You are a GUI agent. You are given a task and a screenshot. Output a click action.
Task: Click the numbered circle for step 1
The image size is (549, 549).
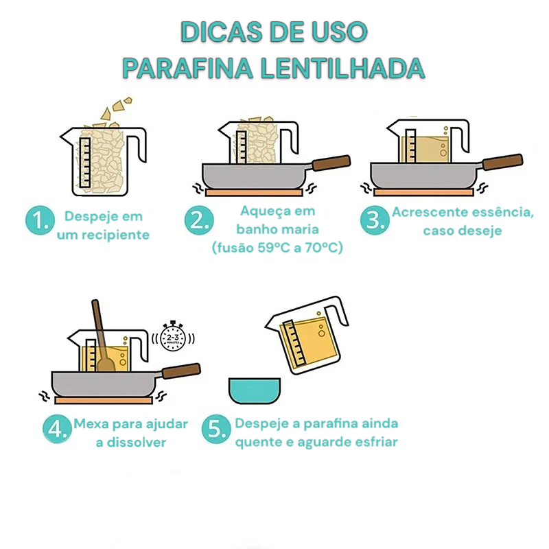[x=40, y=220]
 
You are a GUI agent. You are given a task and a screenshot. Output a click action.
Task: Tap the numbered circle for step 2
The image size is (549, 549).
[x=199, y=220]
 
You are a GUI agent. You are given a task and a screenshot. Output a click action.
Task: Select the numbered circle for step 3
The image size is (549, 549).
[x=375, y=220]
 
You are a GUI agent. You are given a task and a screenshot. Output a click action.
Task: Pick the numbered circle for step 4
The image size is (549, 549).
[x=58, y=429]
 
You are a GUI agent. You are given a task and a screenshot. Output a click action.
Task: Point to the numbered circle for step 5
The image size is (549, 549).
[x=216, y=429]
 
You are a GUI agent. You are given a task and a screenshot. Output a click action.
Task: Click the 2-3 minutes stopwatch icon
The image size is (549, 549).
[x=173, y=336]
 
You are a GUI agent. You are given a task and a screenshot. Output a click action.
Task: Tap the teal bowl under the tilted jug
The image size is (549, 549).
[x=255, y=390]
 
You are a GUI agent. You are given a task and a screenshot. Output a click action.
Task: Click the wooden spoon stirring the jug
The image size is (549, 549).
[x=102, y=336]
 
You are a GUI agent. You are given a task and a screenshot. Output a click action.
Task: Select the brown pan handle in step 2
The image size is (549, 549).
[x=331, y=163]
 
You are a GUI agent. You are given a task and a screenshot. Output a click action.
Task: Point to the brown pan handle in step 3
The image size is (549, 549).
[x=502, y=162]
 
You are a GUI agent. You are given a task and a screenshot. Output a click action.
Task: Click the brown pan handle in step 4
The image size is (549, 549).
[x=181, y=371]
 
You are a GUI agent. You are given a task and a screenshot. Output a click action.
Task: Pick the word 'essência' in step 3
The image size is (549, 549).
[x=502, y=212]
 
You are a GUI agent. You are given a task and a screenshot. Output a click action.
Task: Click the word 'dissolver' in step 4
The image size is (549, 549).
[x=136, y=442]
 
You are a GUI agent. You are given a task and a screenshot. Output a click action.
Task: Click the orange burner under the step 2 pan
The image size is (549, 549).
[x=254, y=192]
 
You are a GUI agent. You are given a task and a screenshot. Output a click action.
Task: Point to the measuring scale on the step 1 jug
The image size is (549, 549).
[x=85, y=163]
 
